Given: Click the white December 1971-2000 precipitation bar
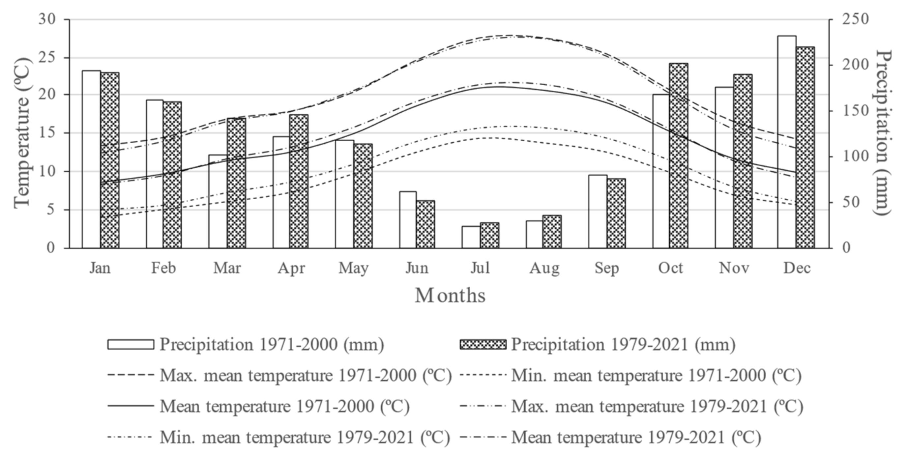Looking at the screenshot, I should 787,141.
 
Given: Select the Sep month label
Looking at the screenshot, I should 607,268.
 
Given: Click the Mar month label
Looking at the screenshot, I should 227,268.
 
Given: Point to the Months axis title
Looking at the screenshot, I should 450,295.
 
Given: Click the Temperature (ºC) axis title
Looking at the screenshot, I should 22,133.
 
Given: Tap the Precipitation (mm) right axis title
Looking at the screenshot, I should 883,133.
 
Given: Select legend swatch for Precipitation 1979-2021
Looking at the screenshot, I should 483,344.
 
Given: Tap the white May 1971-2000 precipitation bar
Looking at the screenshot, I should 344,194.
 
